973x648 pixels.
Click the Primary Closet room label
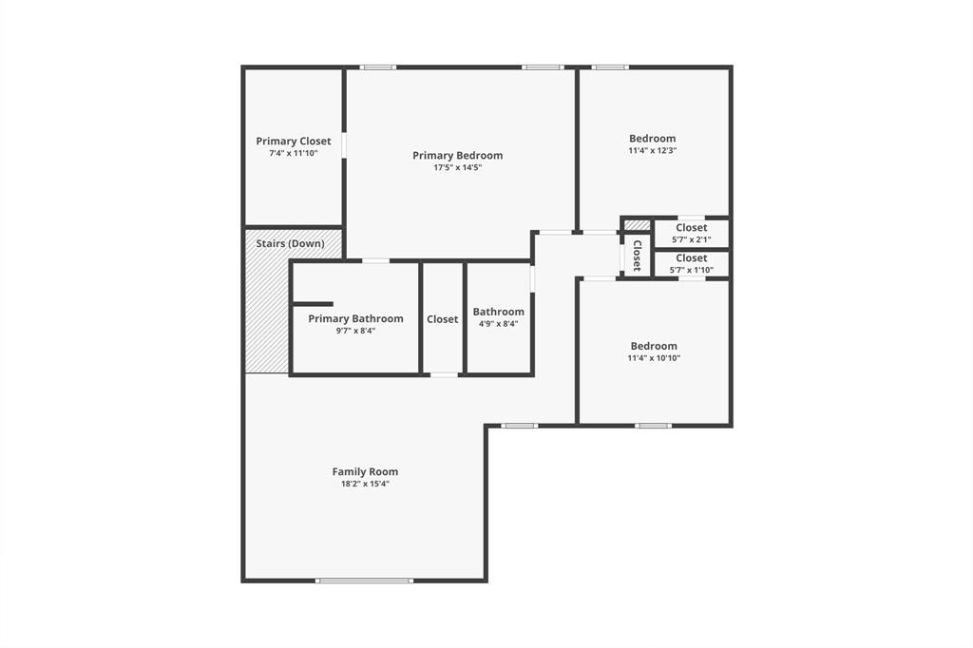tap(294, 141)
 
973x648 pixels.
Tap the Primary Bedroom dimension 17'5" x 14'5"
tap(457, 167)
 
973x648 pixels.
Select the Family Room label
tap(365, 471)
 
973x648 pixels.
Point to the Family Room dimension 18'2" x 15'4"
tap(365, 484)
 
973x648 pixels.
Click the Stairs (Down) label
tap(290, 243)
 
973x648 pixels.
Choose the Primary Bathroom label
tap(355, 318)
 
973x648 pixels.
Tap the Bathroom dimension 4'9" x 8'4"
tap(498, 324)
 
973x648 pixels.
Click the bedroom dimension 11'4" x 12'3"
tap(652, 150)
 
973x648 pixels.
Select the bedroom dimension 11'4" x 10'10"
tap(654, 358)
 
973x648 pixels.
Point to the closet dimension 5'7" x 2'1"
tap(691, 239)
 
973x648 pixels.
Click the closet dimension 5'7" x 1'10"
tap(691, 270)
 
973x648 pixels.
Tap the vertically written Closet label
tap(638, 256)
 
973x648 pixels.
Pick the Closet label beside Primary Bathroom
tap(442, 319)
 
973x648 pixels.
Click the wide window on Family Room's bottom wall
tap(365, 580)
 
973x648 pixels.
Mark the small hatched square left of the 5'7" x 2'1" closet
tap(638, 225)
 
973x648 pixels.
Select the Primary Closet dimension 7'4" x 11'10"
tap(293, 153)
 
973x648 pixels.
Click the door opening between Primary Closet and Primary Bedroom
tap(344, 144)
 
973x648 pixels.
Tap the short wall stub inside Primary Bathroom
tap(312, 304)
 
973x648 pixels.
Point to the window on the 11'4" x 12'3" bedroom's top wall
tap(609, 67)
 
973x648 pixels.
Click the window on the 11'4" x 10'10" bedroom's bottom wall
tap(653, 425)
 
